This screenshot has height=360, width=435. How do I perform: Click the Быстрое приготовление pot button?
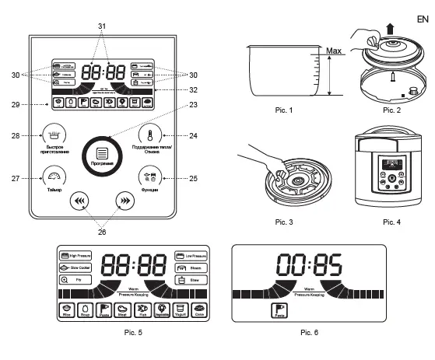tap(52, 131)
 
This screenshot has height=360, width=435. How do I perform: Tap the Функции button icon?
tap(149, 175)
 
